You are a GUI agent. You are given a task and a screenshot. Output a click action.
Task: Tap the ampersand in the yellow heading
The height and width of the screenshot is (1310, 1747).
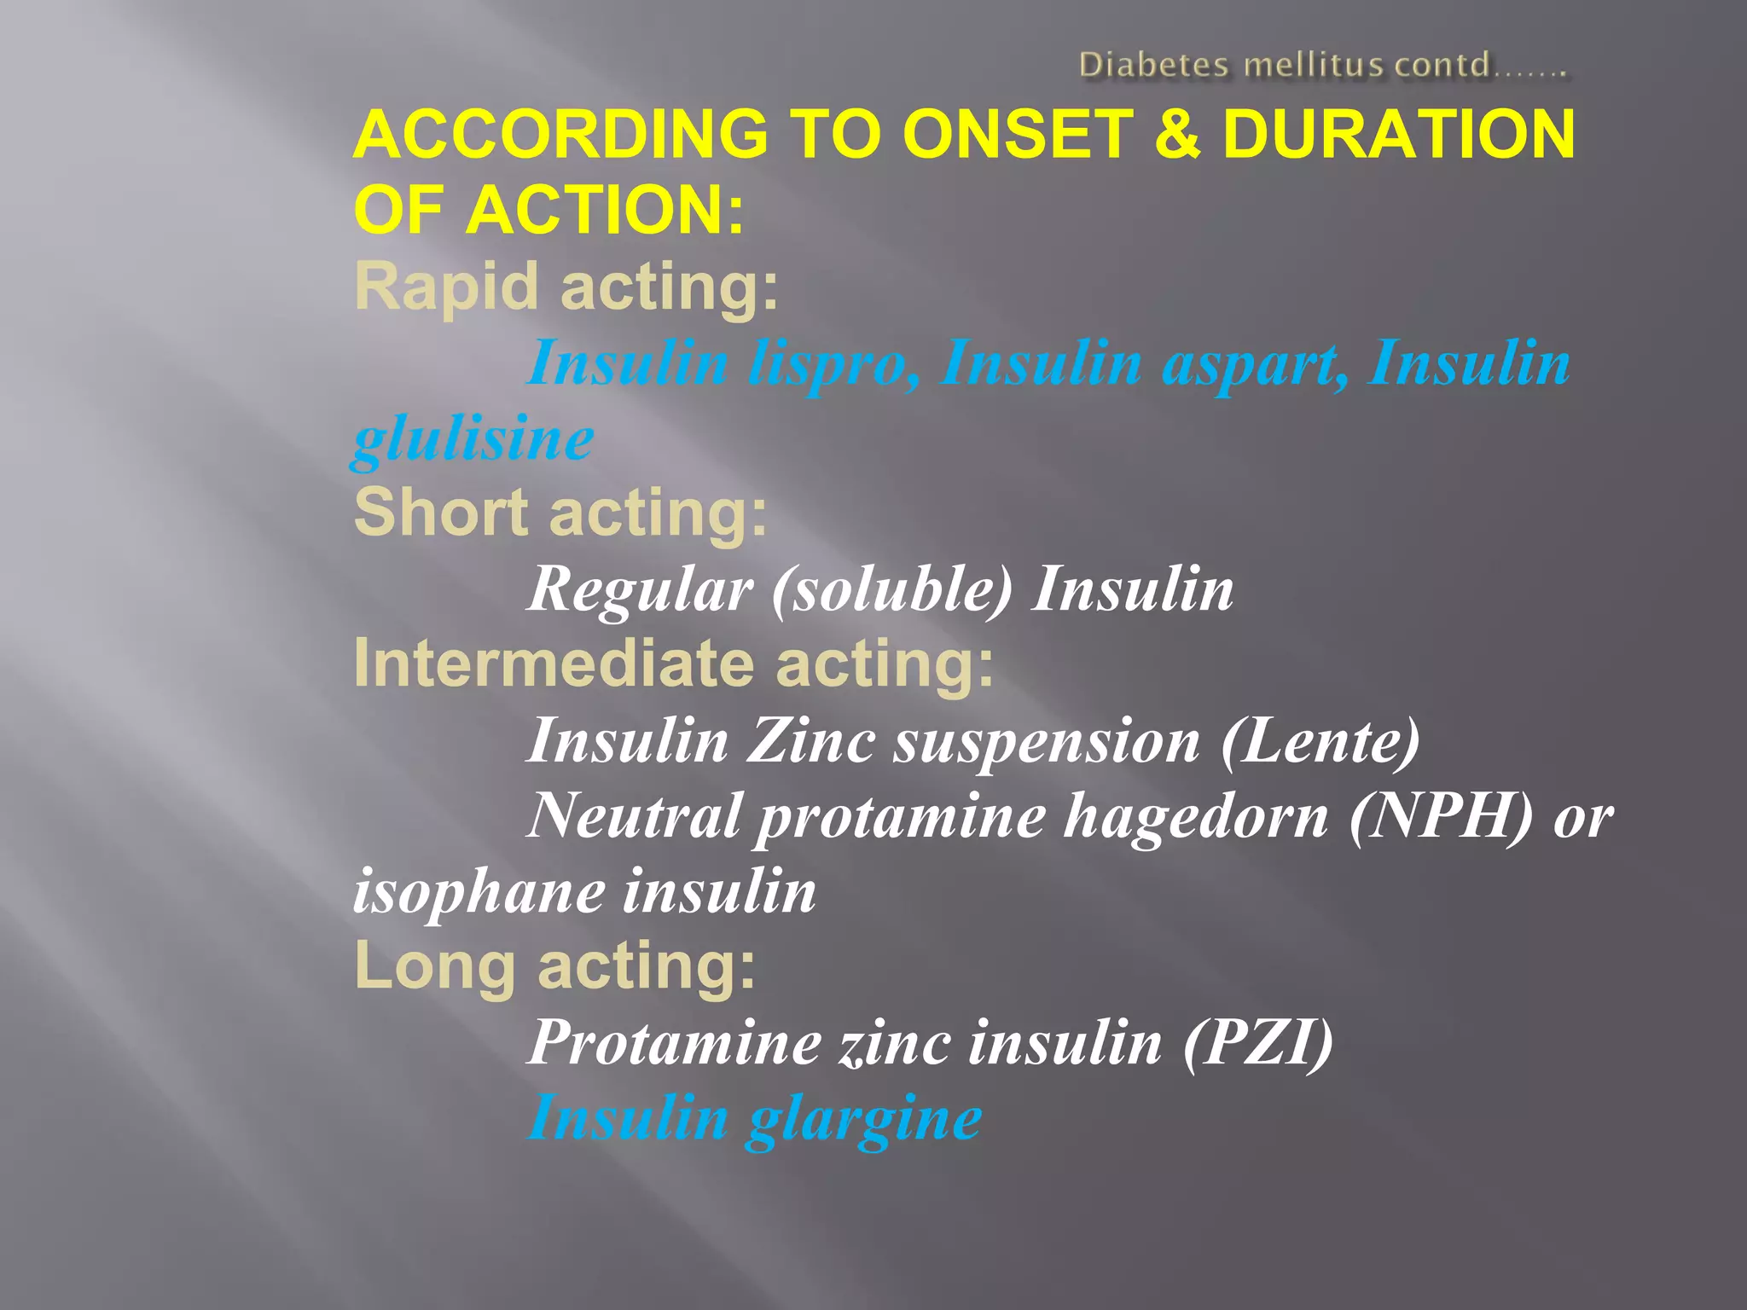pos(1177,135)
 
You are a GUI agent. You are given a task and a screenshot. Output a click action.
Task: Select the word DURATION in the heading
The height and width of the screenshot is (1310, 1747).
pos(1399,135)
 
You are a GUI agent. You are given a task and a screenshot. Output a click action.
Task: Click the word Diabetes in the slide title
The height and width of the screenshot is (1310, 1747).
pos(1154,65)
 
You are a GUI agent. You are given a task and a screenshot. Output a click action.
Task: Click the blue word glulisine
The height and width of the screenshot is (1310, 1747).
pos(473,440)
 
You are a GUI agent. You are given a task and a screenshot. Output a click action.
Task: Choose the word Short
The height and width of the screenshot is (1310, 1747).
pos(440,513)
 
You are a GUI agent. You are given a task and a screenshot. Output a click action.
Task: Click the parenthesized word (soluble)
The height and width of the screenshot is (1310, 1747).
pos(891,589)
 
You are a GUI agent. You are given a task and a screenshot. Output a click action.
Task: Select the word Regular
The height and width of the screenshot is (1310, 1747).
pos(640,589)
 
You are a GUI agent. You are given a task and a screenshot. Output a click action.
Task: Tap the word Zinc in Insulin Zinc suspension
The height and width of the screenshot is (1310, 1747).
pos(811,740)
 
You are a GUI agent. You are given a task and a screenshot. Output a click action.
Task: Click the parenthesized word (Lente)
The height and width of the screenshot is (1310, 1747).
pos(1320,740)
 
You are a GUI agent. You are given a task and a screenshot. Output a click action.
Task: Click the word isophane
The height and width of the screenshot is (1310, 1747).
pos(478,891)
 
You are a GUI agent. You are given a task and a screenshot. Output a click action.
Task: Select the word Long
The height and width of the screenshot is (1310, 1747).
pos(434,966)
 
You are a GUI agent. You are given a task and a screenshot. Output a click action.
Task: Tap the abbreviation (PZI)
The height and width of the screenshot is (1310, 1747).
pos(1257,1042)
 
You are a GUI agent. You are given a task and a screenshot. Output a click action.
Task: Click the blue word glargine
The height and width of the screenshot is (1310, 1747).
pos(863,1118)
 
